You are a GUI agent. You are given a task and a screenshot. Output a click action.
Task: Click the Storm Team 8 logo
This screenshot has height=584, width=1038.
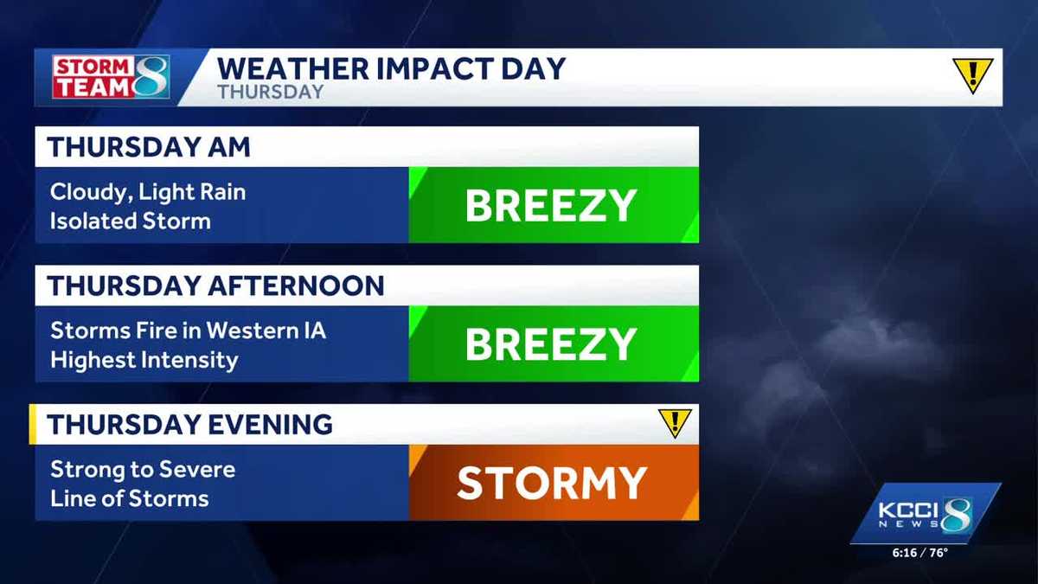(x=110, y=77)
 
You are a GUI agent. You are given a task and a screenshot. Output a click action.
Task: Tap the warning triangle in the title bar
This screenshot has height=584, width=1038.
(x=972, y=75)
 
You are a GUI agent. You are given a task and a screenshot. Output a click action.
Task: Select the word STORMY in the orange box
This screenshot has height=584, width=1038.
(x=552, y=484)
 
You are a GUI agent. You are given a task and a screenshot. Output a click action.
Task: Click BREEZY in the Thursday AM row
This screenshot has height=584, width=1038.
(x=551, y=206)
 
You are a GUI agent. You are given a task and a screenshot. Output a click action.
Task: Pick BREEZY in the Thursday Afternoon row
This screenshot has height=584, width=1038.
(x=551, y=344)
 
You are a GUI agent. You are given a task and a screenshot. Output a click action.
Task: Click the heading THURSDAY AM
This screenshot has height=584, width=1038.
(x=149, y=147)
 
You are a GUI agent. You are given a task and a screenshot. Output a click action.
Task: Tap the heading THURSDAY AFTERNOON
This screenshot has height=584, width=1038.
(x=215, y=286)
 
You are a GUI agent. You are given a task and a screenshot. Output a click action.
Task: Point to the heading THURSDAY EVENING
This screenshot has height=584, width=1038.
(x=189, y=425)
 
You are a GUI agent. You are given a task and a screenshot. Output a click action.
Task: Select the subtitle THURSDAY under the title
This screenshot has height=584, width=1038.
(x=270, y=92)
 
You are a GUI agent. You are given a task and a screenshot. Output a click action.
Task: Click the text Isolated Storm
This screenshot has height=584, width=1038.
(x=130, y=221)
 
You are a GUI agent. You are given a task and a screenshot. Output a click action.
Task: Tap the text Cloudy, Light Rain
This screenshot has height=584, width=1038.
(x=147, y=192)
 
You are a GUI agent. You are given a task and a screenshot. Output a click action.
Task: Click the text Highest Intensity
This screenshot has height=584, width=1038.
(x=144, y=359)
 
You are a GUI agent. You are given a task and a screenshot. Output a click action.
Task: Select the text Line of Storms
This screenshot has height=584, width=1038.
(x=129, y=498)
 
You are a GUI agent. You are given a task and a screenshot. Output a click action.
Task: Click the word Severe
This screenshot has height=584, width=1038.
(x=200, y=470)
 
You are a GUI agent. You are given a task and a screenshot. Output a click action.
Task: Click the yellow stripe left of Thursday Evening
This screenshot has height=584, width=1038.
(x=32, y=424)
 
